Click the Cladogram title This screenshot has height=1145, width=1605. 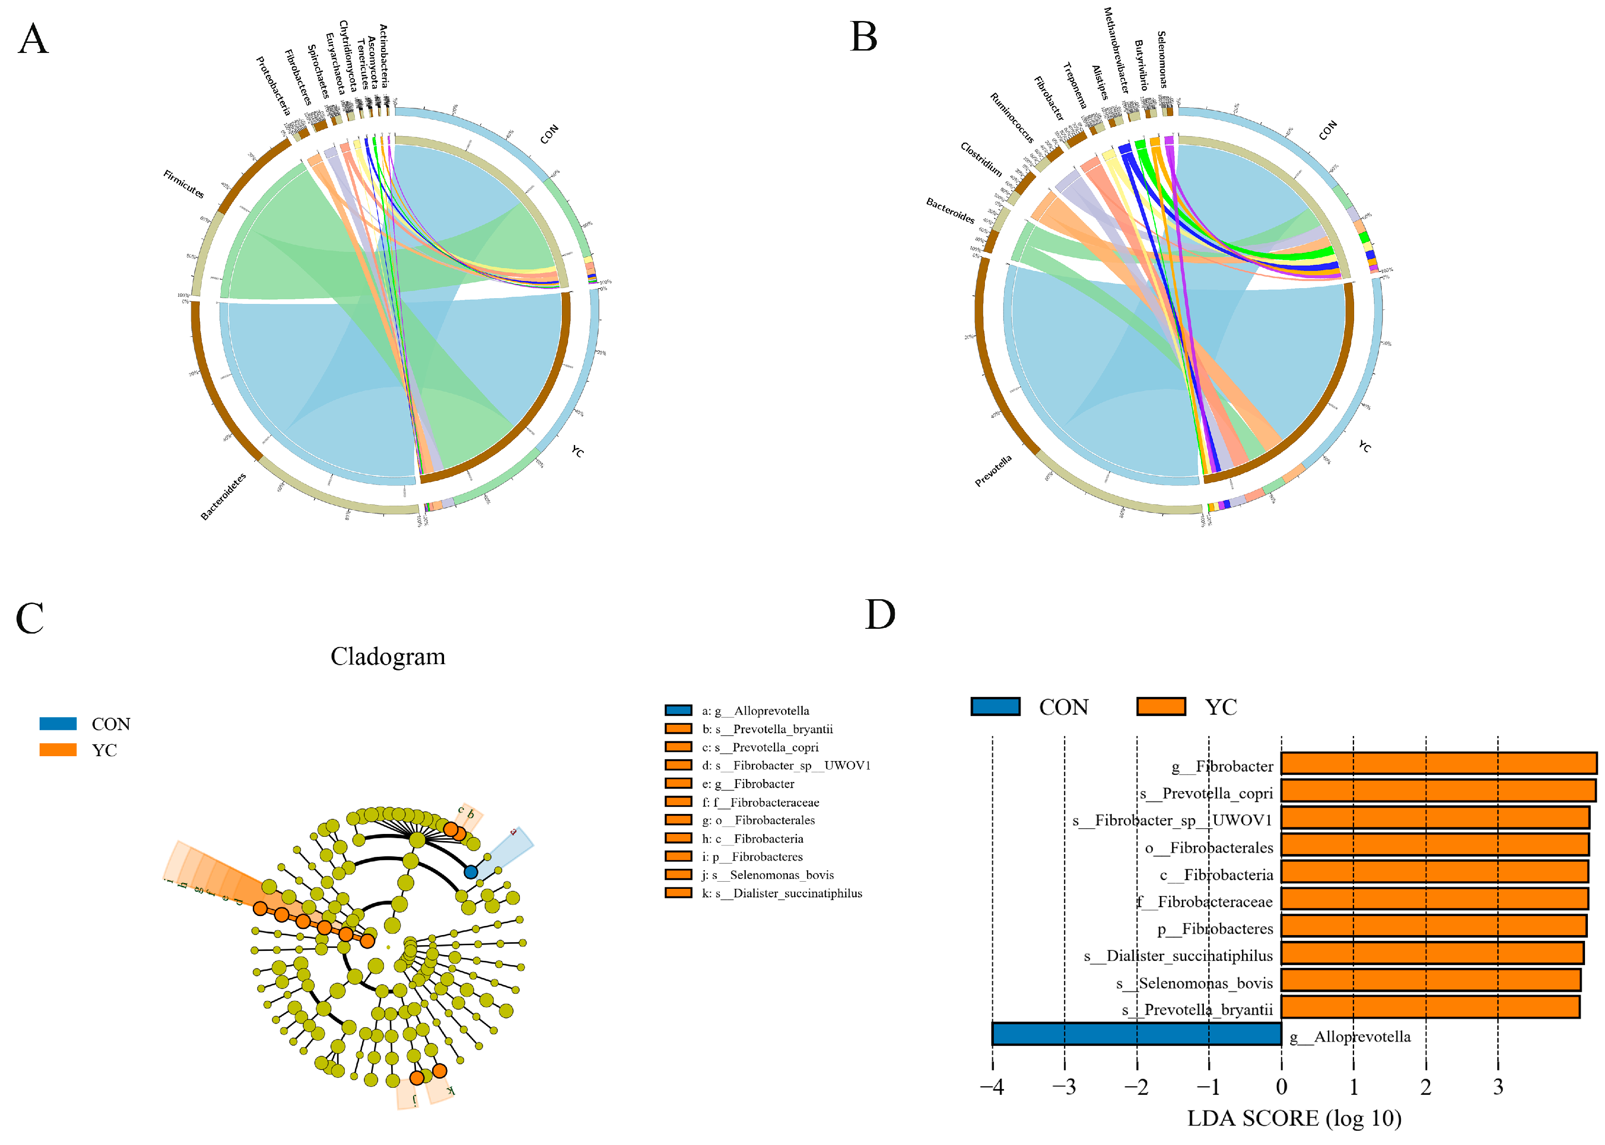click(x=388, y=656)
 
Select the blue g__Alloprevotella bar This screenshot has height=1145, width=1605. click(x=1136, y=1034)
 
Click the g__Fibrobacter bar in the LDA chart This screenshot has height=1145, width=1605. click(x=1438, y=763)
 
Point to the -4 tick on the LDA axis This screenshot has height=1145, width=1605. click(x=992, y=1086)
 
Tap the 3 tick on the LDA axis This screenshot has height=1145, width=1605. click(x=1498, y=1086)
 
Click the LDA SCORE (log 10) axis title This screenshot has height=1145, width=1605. click(x=1294, y=1118)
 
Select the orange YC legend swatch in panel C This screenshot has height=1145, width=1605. click(x=58, y=749)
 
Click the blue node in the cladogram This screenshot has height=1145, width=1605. click(x=471, y=872)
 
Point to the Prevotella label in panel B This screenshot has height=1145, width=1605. click(x=993, y=470)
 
